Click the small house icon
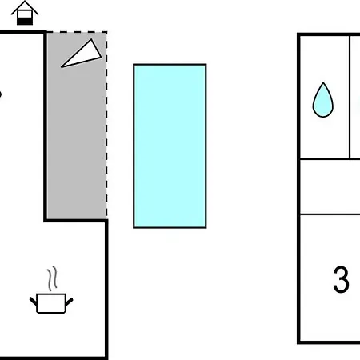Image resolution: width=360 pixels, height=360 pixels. pyautogui.click(x=25, y=13)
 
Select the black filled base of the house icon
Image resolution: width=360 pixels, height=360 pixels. pyautogui.click(x=25, y=21)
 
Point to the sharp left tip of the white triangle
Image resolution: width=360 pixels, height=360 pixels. pyautogui.click(x=62, y=67)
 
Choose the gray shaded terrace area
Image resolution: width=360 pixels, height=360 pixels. pyautogui.click(x=77, y=126)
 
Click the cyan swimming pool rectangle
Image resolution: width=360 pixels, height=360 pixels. pyautogui.click(x=170, y=146)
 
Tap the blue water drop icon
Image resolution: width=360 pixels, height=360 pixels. pyautogui.click(x=323, y=100)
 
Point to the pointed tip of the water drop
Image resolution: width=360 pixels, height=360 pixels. pyautogui.click(x=323, y=82)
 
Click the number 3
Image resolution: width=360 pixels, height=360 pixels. pyautogui.click(x=341, y=279)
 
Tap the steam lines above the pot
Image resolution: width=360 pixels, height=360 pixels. pyautogui.click(x=53, y=278)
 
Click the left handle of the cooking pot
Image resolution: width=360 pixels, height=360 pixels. pyautogui.click(x=33, y=302)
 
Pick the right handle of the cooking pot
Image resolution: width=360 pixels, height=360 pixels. pyautogui.click(x=69, y=302)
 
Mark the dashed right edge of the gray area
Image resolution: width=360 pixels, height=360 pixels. pyautogui.click(x=106, y=125)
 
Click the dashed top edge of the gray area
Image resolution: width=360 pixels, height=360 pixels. pyautogui.click(x=77, y=32)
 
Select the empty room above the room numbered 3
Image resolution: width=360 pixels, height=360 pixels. pyautogui.click(x=330, y=186)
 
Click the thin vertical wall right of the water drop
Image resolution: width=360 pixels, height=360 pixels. pyautogui.click(x=350, y=97)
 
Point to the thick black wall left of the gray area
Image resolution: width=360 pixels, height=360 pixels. pyautogui.click(x=46, y=126)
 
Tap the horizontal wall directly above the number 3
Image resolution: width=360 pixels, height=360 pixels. pyautogui.click(x=330, y=214)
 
